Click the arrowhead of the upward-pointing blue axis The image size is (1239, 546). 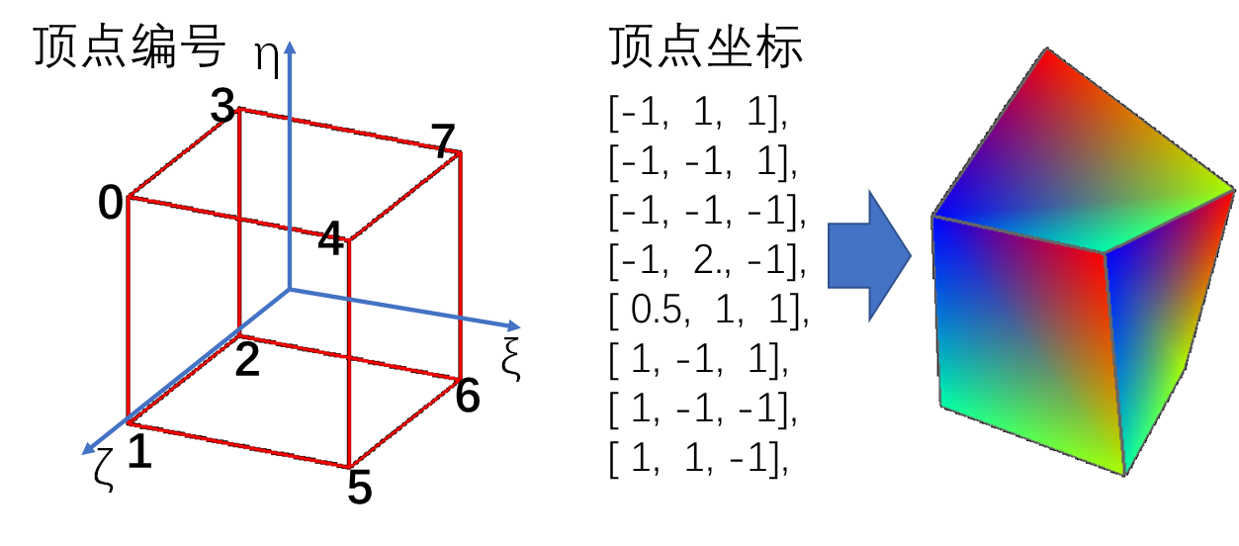pyautogui.click(x=289, y=46)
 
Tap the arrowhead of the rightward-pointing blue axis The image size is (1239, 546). pyautogui.click(x=513, y=325)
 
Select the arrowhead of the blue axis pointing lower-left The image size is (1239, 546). pyautogui.click(x=87, y=450)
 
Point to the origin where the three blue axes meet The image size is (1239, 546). pyautogui.click(x=289, y=290)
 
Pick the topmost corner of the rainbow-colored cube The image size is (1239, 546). pyautogui.click(x=1046, y=49)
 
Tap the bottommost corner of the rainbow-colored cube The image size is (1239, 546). pyautogui.click(x=1123, y=474)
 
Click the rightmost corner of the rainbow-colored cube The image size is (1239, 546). pyautogui.click(x=1233, y=189)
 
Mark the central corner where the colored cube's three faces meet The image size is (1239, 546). pyautogui.click(x=1105, y=252)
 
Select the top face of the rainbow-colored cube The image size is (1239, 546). pyautogui.click(x=1078, y=168)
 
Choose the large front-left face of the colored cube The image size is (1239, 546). pyautogui.click(x=1023, y=336)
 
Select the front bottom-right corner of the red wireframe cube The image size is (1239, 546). pyautogui.click(x=349, y=467)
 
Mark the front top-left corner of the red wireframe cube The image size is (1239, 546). pyautogui.click(x=129, y=198)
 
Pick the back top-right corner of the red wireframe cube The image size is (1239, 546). pyautogui.click(x=461, y=152)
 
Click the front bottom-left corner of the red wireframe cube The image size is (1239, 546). pyautogui.click(x=129, y=424)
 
